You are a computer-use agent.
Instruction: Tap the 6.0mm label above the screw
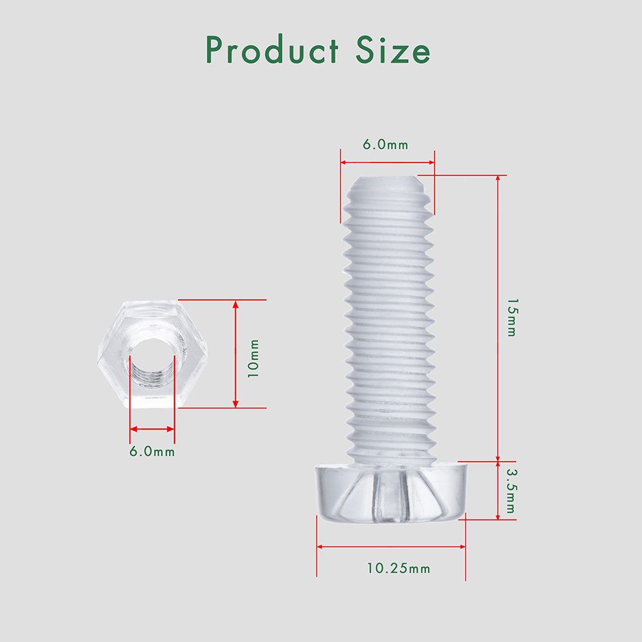tap(385, 144)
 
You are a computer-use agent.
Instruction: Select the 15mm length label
tap(511, 317)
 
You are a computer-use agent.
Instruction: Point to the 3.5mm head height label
tap(511, 490)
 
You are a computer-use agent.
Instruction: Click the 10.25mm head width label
tap(399, 568)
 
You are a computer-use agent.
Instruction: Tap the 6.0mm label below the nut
tap(152, 451)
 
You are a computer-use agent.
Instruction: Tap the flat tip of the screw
tap(386, 183)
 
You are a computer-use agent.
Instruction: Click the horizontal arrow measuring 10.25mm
tap(391, 547)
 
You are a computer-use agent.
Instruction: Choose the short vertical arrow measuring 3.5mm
tap(498, 490)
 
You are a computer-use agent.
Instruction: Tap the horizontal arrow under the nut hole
tap(152, 429)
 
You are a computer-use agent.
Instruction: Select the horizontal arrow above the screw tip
tap(387, 162)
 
